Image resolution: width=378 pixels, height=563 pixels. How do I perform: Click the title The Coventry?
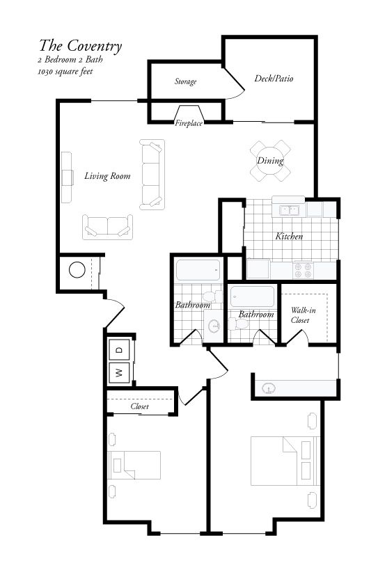81,47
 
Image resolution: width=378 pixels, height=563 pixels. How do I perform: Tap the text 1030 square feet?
66,71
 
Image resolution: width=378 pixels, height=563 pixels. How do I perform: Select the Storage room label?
185,81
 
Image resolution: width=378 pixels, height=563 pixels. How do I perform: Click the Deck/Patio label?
274,79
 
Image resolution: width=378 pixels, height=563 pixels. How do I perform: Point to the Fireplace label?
189,123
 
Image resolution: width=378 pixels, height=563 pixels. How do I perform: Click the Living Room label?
107,176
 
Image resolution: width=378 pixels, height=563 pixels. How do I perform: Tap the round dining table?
270,160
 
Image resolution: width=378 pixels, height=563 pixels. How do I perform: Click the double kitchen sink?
289,209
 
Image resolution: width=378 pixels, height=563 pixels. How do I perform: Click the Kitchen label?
289,237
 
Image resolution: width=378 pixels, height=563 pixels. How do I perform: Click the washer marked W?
119,372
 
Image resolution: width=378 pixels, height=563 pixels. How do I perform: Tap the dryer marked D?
119,349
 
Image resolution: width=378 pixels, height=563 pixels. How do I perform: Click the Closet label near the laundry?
140,406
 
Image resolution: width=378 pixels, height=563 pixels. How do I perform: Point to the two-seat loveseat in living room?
108,225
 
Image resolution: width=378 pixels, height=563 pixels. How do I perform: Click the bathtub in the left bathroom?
198,270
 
